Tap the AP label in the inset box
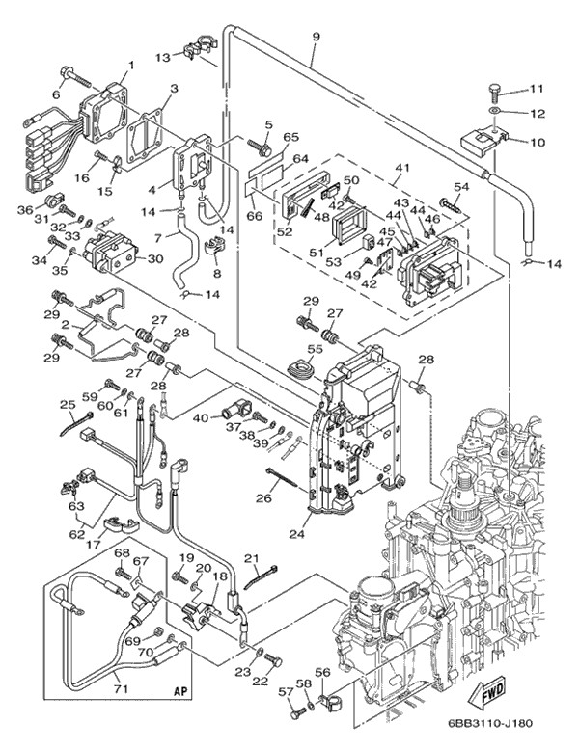(x=179, y=691)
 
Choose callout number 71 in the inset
(x=121, y=688)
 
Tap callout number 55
(x=316, y=348)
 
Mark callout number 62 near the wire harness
(x=76, y=531)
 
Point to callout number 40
(x=201, y=417)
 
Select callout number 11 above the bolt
(x=536, y=89)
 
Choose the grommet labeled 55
(x=302, y=366)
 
